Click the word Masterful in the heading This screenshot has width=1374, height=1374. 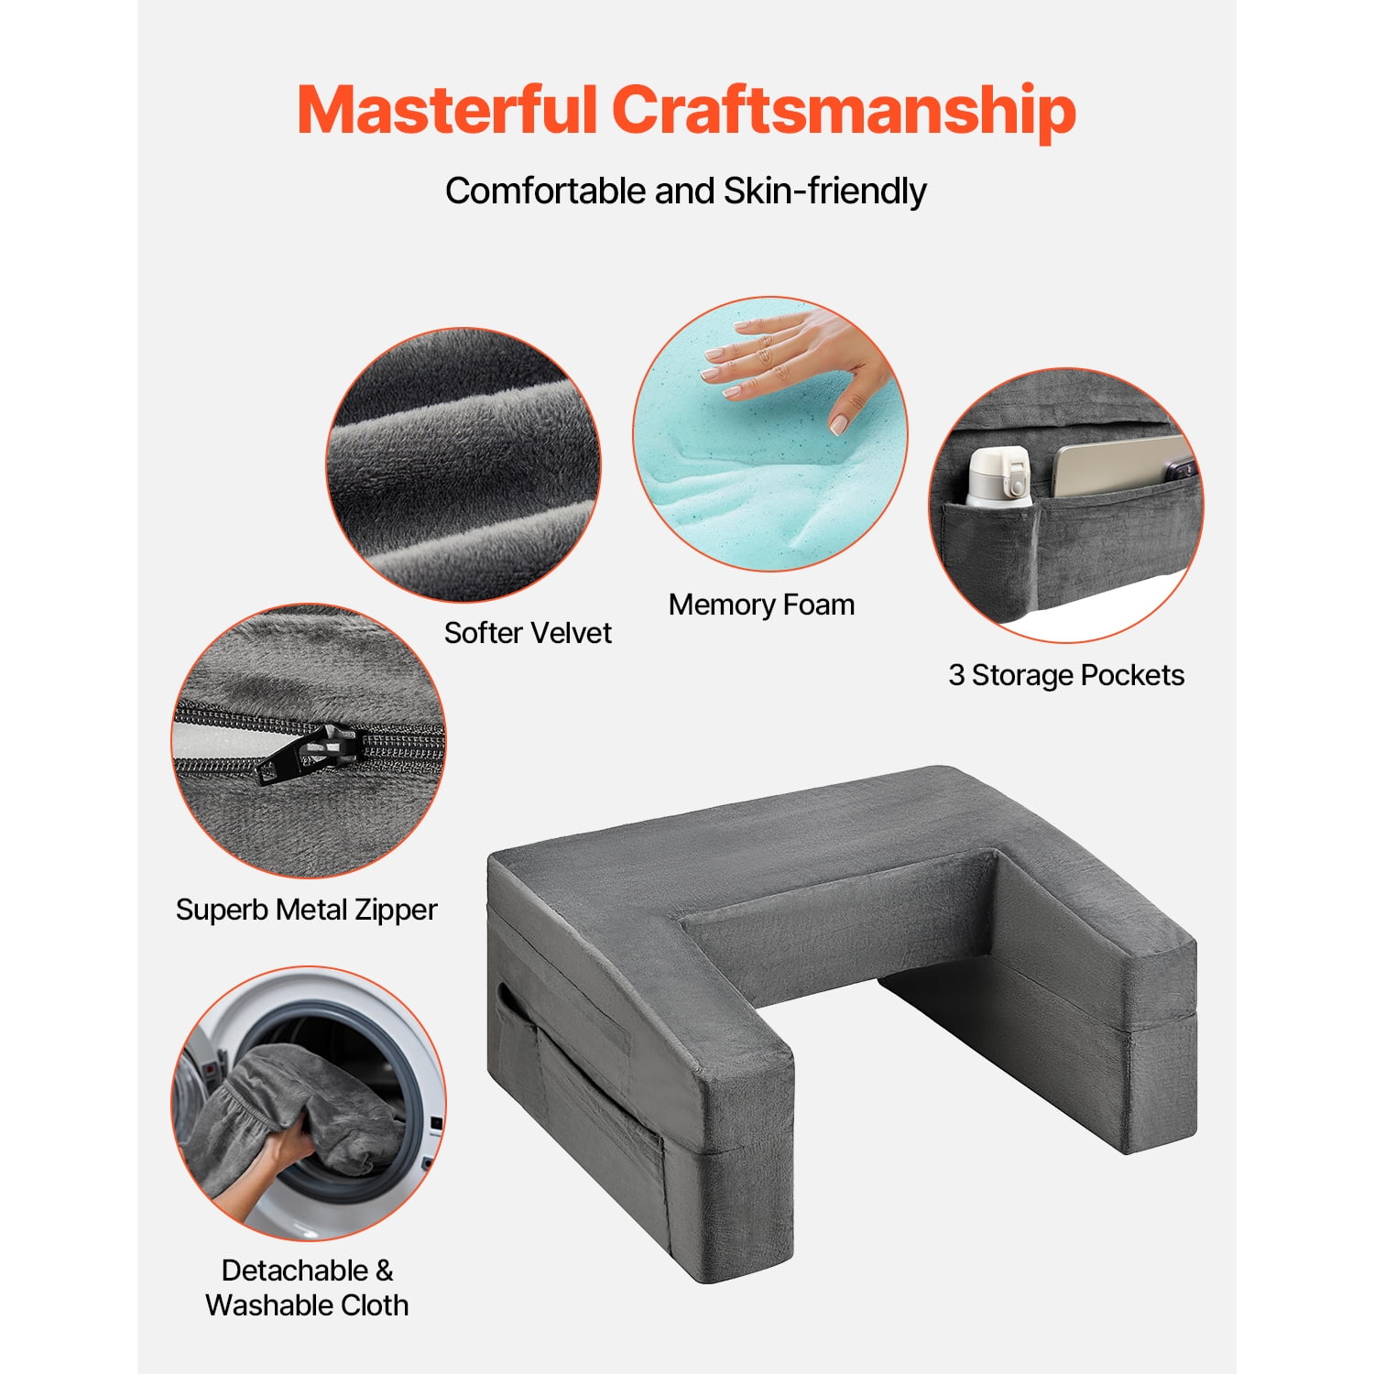[x=447, y=109]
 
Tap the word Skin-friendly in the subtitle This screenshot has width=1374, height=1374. [x=825, y=191]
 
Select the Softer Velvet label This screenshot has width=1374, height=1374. [x=528, y=632]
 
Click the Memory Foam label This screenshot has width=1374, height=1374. [x=761, y=605]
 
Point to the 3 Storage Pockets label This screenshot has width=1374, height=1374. [x=1066, y=675]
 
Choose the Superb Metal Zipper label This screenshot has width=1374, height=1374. [x=307, y=910]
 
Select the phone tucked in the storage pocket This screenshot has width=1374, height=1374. [x=1122, y=467]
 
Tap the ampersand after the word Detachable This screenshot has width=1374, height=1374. [x=384, y=1270]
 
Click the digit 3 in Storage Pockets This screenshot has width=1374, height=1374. [x=956, y=675]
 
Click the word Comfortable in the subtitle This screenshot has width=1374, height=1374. [x=546, y=191]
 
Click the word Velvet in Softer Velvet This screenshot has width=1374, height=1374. [x=567, y=632]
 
